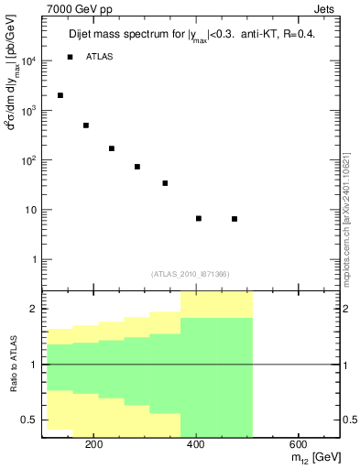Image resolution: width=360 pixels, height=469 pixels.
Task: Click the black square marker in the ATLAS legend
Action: coord(71,57)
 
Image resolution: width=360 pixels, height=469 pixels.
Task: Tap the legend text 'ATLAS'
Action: coord(101,57)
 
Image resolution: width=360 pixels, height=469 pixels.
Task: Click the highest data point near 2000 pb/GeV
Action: coord(60,95)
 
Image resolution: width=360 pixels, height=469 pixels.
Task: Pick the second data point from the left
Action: coord(86,125)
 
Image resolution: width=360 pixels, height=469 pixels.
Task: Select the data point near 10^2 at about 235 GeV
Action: coord(112,148)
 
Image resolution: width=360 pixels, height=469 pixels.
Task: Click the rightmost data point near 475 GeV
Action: coord(235,219)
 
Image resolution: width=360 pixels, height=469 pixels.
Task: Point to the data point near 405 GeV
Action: coord(199,218)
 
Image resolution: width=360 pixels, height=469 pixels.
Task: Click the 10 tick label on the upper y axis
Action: coord(31,210)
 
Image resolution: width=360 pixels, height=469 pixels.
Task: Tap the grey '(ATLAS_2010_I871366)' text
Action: coord(190,274)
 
